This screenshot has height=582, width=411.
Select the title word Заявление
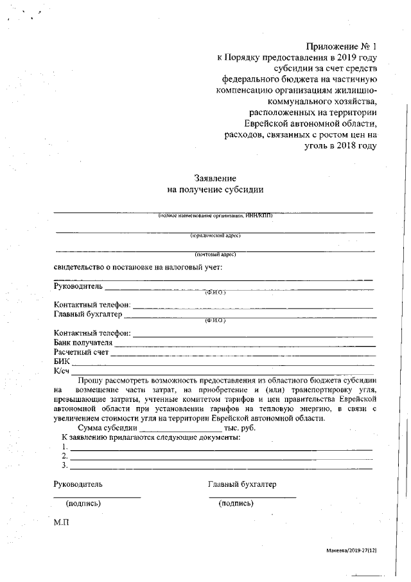216,178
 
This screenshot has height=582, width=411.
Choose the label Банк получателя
83,343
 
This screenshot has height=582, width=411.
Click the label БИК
62,362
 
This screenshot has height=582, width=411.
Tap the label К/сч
62,371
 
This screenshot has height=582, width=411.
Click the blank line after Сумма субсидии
180,428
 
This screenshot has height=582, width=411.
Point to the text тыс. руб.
240,428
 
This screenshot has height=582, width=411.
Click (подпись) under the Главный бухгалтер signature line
236,504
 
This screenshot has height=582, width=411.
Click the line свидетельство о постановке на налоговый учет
138,267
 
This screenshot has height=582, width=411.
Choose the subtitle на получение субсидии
216,190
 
